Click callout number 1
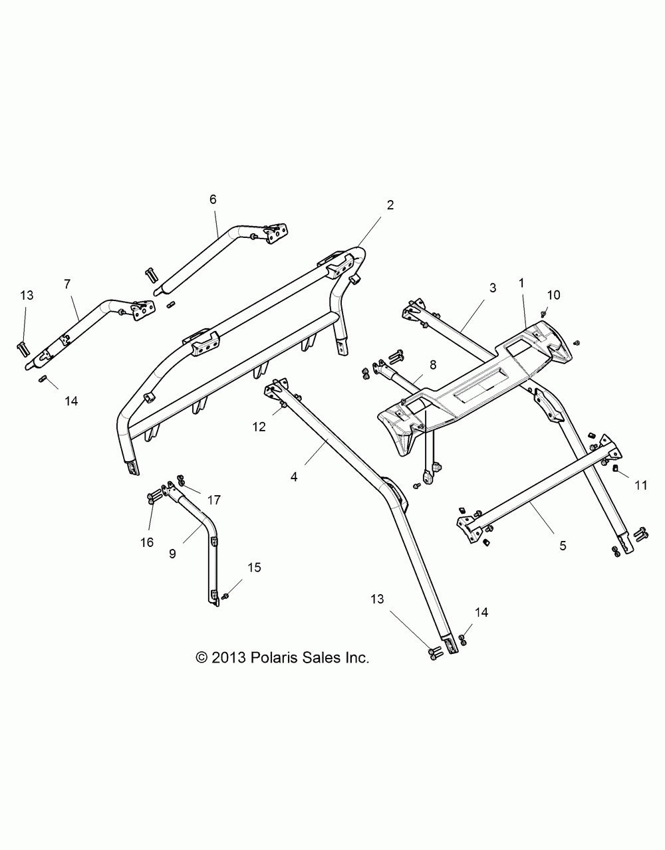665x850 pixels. [521, 282]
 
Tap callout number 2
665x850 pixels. [390, 205]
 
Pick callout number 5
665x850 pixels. [562, 546]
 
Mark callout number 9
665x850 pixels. [172, 552]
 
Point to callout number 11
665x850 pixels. [640, 485]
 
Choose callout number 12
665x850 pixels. [259, 427]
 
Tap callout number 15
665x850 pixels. [254, 568]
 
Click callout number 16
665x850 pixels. [147, 542]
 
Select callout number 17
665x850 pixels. [213, 500]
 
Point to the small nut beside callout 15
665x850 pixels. [226, 595]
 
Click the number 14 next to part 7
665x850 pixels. [71, 401]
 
